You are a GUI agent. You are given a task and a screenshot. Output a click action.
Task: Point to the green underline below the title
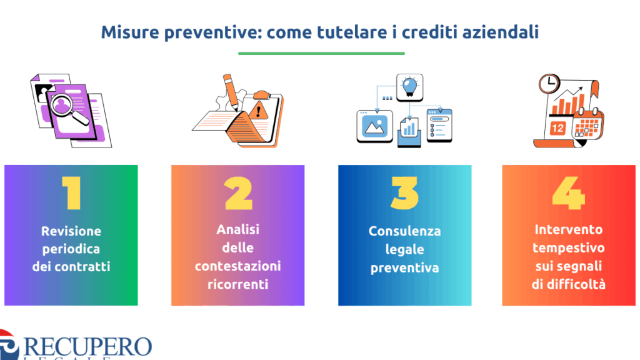point(321,53)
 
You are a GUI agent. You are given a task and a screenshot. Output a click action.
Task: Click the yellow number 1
point(71,193)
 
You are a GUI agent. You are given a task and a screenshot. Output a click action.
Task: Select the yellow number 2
point(238,193)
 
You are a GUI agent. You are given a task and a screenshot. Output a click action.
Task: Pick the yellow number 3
point(404,193)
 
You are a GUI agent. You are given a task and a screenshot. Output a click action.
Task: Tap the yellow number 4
point(569,193)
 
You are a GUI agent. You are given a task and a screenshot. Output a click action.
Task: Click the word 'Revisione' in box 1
point(71,231)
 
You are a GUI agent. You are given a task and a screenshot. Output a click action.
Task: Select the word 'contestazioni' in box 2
point(238,266)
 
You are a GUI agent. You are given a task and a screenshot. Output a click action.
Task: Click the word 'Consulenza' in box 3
point(404,231)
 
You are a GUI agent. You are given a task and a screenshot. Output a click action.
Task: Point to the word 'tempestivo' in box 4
point(569,248)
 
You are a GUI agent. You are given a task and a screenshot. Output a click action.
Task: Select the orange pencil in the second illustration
point(231,92)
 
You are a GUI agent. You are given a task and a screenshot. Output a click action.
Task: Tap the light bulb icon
point(410,87)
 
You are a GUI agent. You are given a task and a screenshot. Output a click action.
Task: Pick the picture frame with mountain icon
point(375,126)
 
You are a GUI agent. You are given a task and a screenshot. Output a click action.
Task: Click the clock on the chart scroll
point(549,84)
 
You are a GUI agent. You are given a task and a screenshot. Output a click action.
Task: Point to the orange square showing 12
point(557,128)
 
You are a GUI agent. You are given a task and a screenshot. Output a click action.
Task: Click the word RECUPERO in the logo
point(87,347)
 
